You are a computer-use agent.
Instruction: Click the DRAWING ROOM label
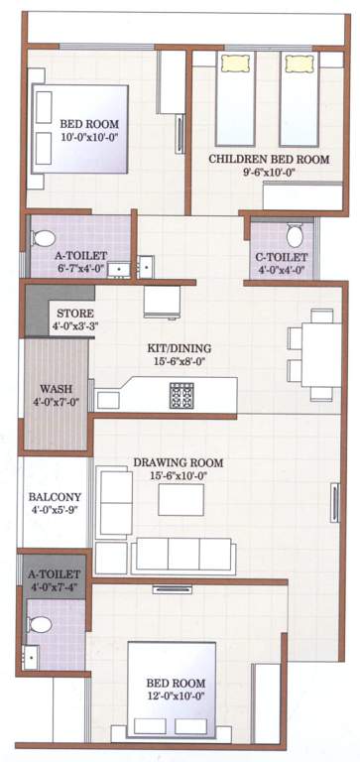[180, 462]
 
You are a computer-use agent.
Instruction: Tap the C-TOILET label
[281, 258]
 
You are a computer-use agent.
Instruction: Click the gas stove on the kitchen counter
[181, 395]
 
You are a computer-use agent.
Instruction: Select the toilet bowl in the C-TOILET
[295, 236]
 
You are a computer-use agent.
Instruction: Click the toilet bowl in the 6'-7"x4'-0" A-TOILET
[45, 239]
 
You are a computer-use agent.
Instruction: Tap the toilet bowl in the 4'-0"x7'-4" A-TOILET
[40, 624]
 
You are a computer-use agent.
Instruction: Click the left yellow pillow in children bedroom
[236, 63]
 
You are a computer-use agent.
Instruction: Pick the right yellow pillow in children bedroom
[298, 63]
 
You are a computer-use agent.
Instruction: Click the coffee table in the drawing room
[180, 499]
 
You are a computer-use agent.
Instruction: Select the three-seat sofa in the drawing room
[183, 555]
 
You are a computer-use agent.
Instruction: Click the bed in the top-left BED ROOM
[79, 129]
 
